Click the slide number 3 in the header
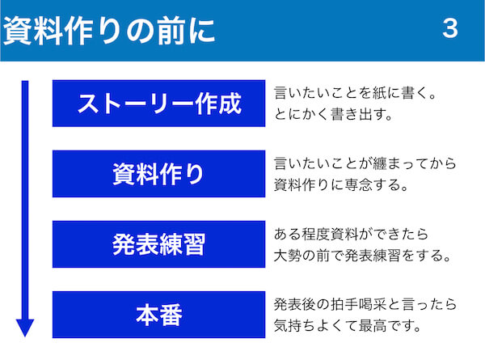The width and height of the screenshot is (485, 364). (x=450, y=28)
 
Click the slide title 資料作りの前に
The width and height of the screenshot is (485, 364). (x=109, y=31)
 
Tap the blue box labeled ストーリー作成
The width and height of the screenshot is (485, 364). (x=158, y=104)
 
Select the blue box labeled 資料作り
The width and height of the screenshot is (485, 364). (x=158, y=174)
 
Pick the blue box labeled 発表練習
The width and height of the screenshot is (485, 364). (x=158, y=244)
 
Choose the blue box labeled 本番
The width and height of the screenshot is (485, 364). (x=158, y=315)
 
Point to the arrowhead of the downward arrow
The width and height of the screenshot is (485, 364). (x=25, y=328)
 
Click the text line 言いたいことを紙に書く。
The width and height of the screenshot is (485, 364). (x=355, y=93)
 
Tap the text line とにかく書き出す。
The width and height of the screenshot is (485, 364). (x=333, y=114)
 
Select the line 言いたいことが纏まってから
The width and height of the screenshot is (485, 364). (x=365, y=163)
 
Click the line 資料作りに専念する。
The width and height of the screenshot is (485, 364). (x=341, y=184)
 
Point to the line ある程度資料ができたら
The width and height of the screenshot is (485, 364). (x=351, y=234)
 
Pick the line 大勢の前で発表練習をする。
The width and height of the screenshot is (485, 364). (x=362, y=255)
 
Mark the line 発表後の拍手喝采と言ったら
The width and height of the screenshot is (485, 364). (x=365, y=304)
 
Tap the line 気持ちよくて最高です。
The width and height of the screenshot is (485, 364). (x=348, y=325)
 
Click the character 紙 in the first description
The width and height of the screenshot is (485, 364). (x=379, y=93)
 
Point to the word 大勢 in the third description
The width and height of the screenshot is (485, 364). (x=288, y=255)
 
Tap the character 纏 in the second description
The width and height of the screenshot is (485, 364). (x=380, y=163)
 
